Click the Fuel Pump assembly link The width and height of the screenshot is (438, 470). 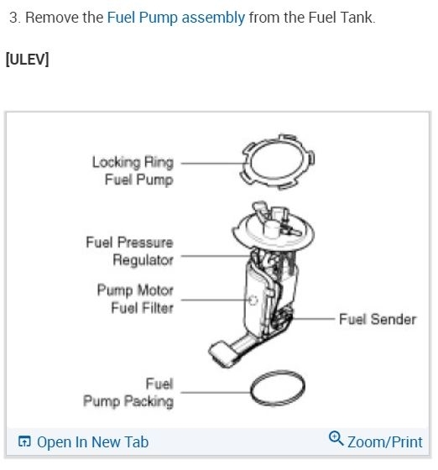[x=176, y=18]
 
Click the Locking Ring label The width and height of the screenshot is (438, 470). [x=133, y=162]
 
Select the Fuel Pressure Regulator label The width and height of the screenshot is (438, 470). [x=129, y=251]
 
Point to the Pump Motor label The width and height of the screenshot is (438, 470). [x=135, y=290]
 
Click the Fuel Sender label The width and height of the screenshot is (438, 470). [x=377, y=320]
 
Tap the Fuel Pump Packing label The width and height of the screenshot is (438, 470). [x=128, y=393]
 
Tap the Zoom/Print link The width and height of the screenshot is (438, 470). [x=384, y=441]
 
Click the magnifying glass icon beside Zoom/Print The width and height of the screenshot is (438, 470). [x=336, y=439]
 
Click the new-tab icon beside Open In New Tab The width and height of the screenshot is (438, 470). [x=24, y=442]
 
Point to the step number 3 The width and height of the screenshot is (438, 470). [x=13, y=18]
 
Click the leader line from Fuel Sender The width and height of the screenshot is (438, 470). [x=315, y=320]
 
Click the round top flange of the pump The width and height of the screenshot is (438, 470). [x=273, y=227]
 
